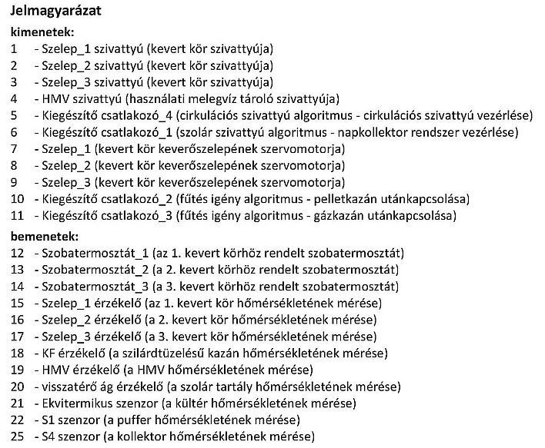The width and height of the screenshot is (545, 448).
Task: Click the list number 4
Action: [15, 98]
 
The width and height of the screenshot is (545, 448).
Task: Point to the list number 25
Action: [18, 436]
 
